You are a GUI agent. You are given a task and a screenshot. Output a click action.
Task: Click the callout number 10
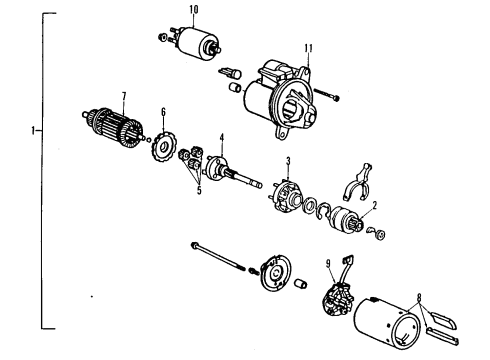point(193,10)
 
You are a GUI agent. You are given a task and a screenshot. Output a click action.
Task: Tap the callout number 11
point(309,48)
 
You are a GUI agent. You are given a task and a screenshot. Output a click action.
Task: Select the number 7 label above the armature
point(124,96)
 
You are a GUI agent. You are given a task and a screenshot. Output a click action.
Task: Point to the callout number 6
point(163,112)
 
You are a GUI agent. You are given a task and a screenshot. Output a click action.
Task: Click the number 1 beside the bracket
point(33,130)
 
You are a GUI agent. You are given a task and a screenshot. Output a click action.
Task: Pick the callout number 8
point(419,297)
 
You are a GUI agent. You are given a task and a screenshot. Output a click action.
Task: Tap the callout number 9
point(328,264)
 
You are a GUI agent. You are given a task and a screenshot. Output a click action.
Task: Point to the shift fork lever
point(357,183)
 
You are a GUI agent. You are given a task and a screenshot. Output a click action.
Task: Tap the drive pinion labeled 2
point(347,220)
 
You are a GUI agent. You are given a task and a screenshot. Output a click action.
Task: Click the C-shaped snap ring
point(323,211)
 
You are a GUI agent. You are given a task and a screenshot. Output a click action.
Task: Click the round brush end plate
point(275,273)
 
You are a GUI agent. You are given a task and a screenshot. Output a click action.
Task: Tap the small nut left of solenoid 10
point(162,37)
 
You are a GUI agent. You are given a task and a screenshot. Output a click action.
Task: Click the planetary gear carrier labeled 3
point(285,197)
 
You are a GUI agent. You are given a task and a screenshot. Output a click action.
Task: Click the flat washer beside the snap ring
point(310,206)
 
